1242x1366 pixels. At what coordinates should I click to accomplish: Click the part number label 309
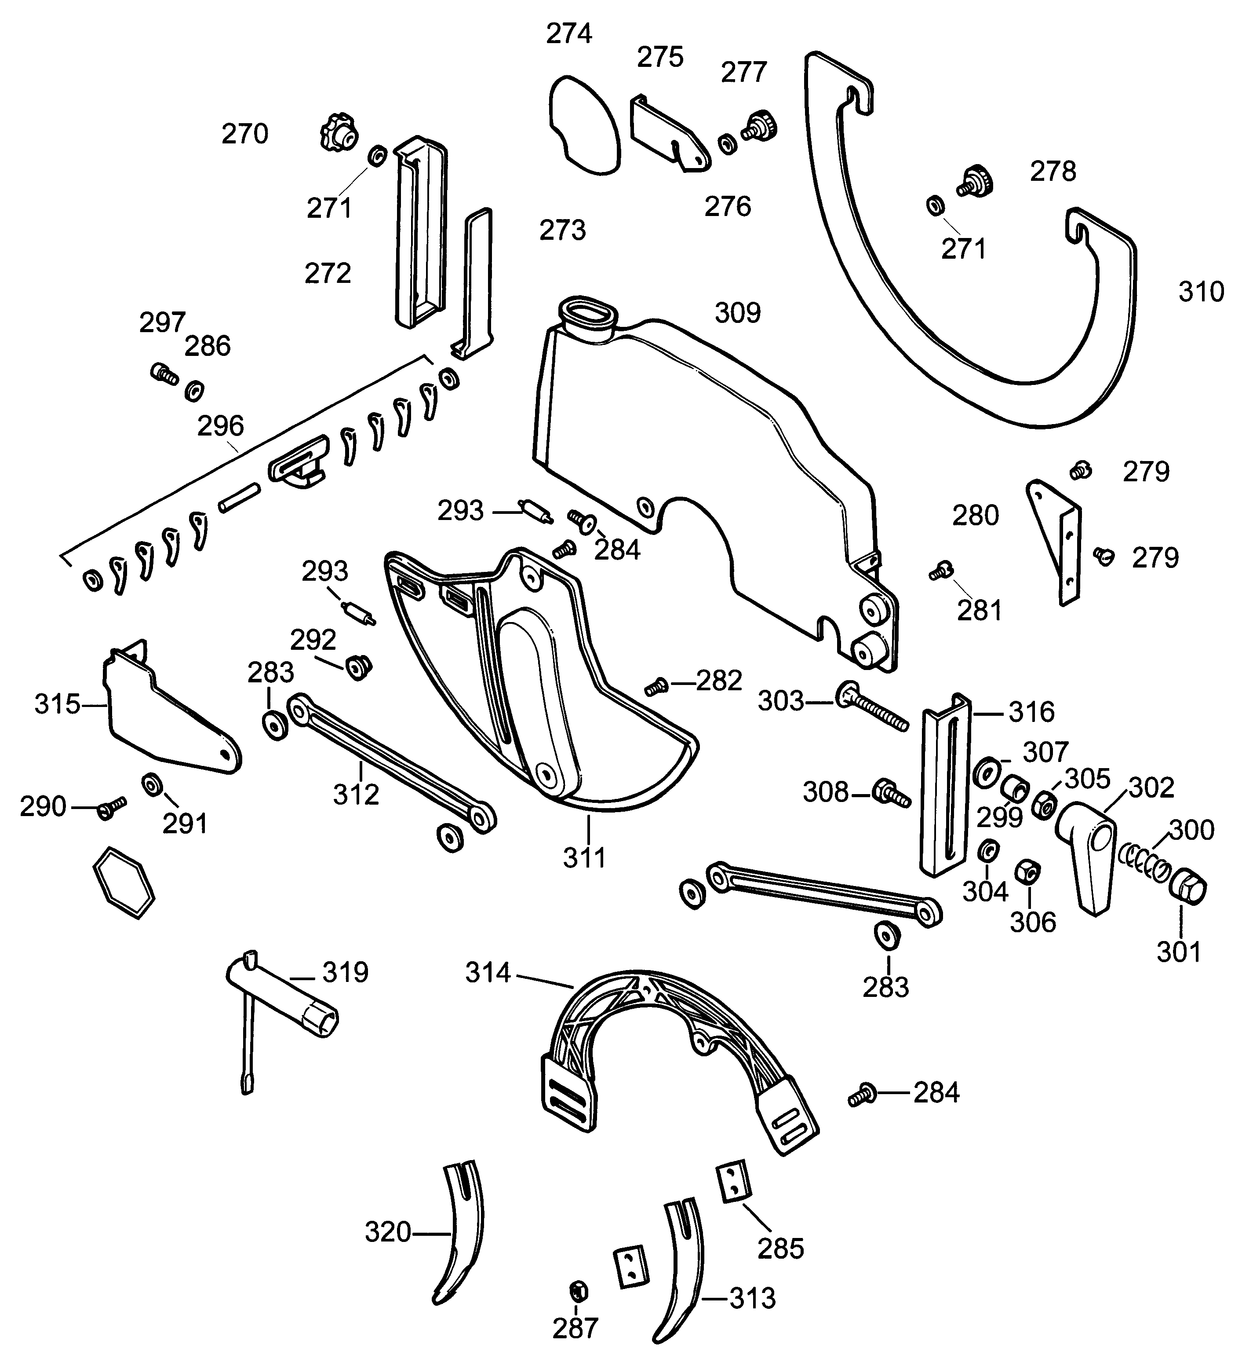[x=737, y=313]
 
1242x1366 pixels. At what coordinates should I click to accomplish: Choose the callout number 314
[x=488, y=973]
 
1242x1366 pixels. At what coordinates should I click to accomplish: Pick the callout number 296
[x=220, y=426]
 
